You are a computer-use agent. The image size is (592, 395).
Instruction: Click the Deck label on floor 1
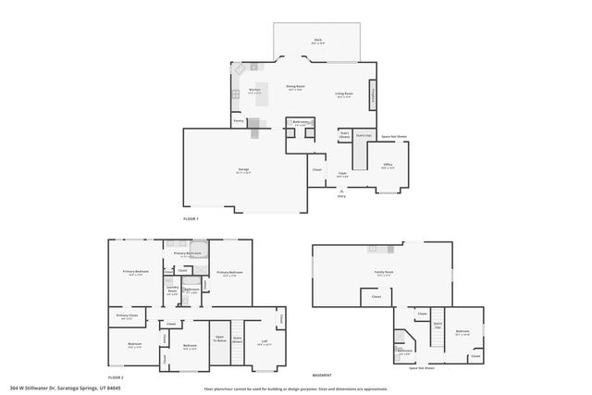coord(317,40)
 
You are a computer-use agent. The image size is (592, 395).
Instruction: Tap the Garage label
coord(243,169)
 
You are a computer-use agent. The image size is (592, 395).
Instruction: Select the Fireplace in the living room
coord(373,93)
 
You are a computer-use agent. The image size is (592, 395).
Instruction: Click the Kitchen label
coord(254,90)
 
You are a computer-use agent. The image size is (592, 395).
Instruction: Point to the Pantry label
coord(239,121)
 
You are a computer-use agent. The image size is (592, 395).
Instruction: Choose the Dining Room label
coord(296,86)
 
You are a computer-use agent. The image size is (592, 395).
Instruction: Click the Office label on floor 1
coord(388,165)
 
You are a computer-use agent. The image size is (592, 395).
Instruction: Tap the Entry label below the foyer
coord(341,195)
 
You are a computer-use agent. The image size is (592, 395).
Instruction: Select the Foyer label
coord(342,173)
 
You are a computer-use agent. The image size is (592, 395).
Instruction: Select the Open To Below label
coord(220,338)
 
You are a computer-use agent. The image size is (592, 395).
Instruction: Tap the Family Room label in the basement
coord(383,272)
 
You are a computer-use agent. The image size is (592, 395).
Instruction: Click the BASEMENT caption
coord(322,375)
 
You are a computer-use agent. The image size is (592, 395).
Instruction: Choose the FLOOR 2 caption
coord(116,377)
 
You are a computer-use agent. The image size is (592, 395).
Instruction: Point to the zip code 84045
coord(113,388)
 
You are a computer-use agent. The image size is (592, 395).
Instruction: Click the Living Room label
coord(343,93)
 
